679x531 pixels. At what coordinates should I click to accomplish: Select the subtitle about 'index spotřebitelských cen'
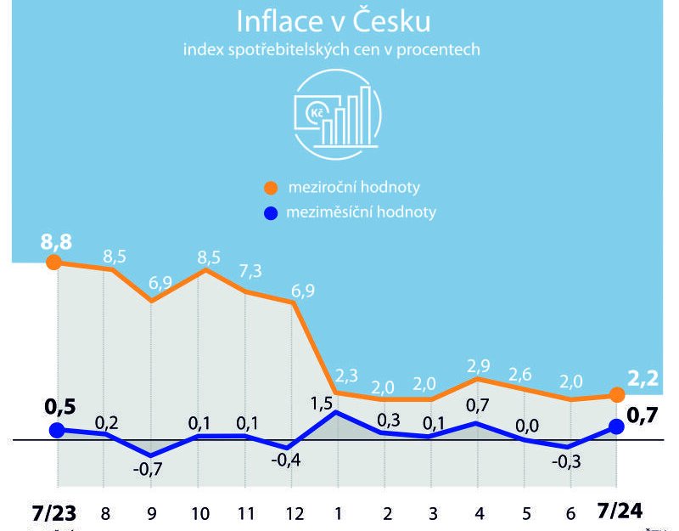tap(332, 50)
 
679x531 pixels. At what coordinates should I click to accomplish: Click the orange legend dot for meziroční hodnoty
tap(271, 187)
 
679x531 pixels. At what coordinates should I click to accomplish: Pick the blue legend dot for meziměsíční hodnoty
tap(271, 212)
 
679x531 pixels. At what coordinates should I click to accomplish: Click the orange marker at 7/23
tap(56, 263)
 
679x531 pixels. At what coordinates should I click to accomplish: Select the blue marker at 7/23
tap(57, 430)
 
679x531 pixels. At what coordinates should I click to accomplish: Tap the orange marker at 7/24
tap(617, 395)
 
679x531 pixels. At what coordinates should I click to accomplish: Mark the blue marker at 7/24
tap(617, 426)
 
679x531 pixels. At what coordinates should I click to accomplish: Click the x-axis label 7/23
tap(54, 513)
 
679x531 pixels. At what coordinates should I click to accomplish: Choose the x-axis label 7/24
tap(619, 512)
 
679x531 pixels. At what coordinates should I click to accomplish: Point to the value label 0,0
tap(525, 422)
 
